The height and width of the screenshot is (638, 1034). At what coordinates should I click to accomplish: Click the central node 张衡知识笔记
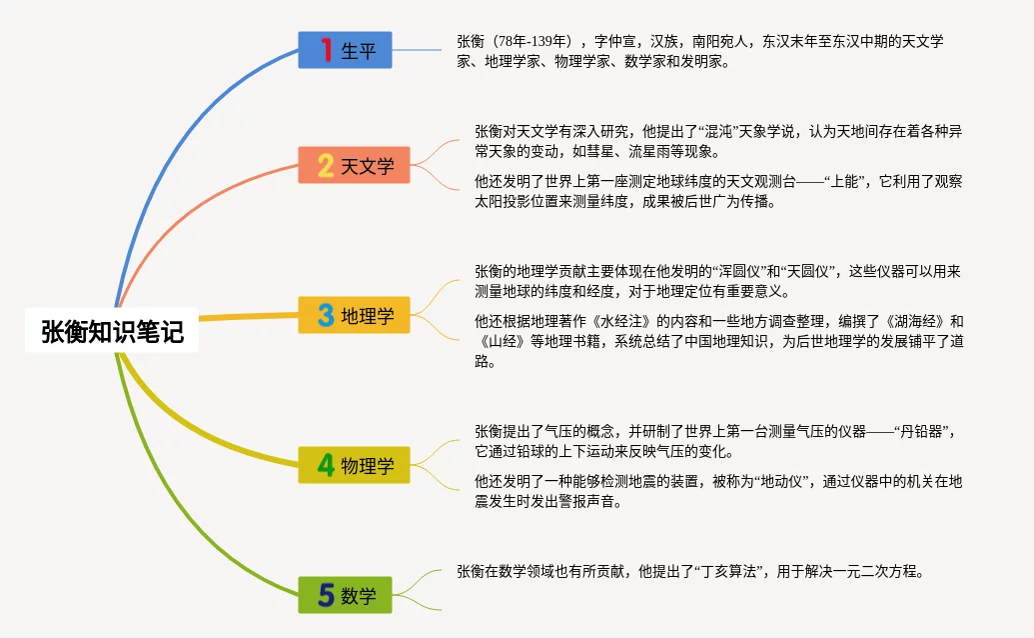[113, 331]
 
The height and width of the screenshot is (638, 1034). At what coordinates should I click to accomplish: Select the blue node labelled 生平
[345, 49]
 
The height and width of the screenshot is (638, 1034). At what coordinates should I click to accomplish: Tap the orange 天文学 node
[354, 165]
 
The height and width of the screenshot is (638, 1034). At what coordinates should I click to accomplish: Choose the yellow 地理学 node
[354, 316]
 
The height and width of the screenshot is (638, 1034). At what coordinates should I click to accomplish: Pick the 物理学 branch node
[354, 465]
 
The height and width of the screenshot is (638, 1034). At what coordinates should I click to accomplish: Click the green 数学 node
[345, 596]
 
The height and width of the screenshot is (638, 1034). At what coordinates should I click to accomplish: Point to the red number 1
[326, 49]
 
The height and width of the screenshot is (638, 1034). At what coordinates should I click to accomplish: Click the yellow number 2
[326, 165]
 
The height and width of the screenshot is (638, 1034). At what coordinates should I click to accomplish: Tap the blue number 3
[326, 316]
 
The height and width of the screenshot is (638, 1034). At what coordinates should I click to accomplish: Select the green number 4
[326, 465]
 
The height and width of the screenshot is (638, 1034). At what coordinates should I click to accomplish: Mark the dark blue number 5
[326, 596]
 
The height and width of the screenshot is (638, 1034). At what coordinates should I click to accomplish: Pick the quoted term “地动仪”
[777, 481]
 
